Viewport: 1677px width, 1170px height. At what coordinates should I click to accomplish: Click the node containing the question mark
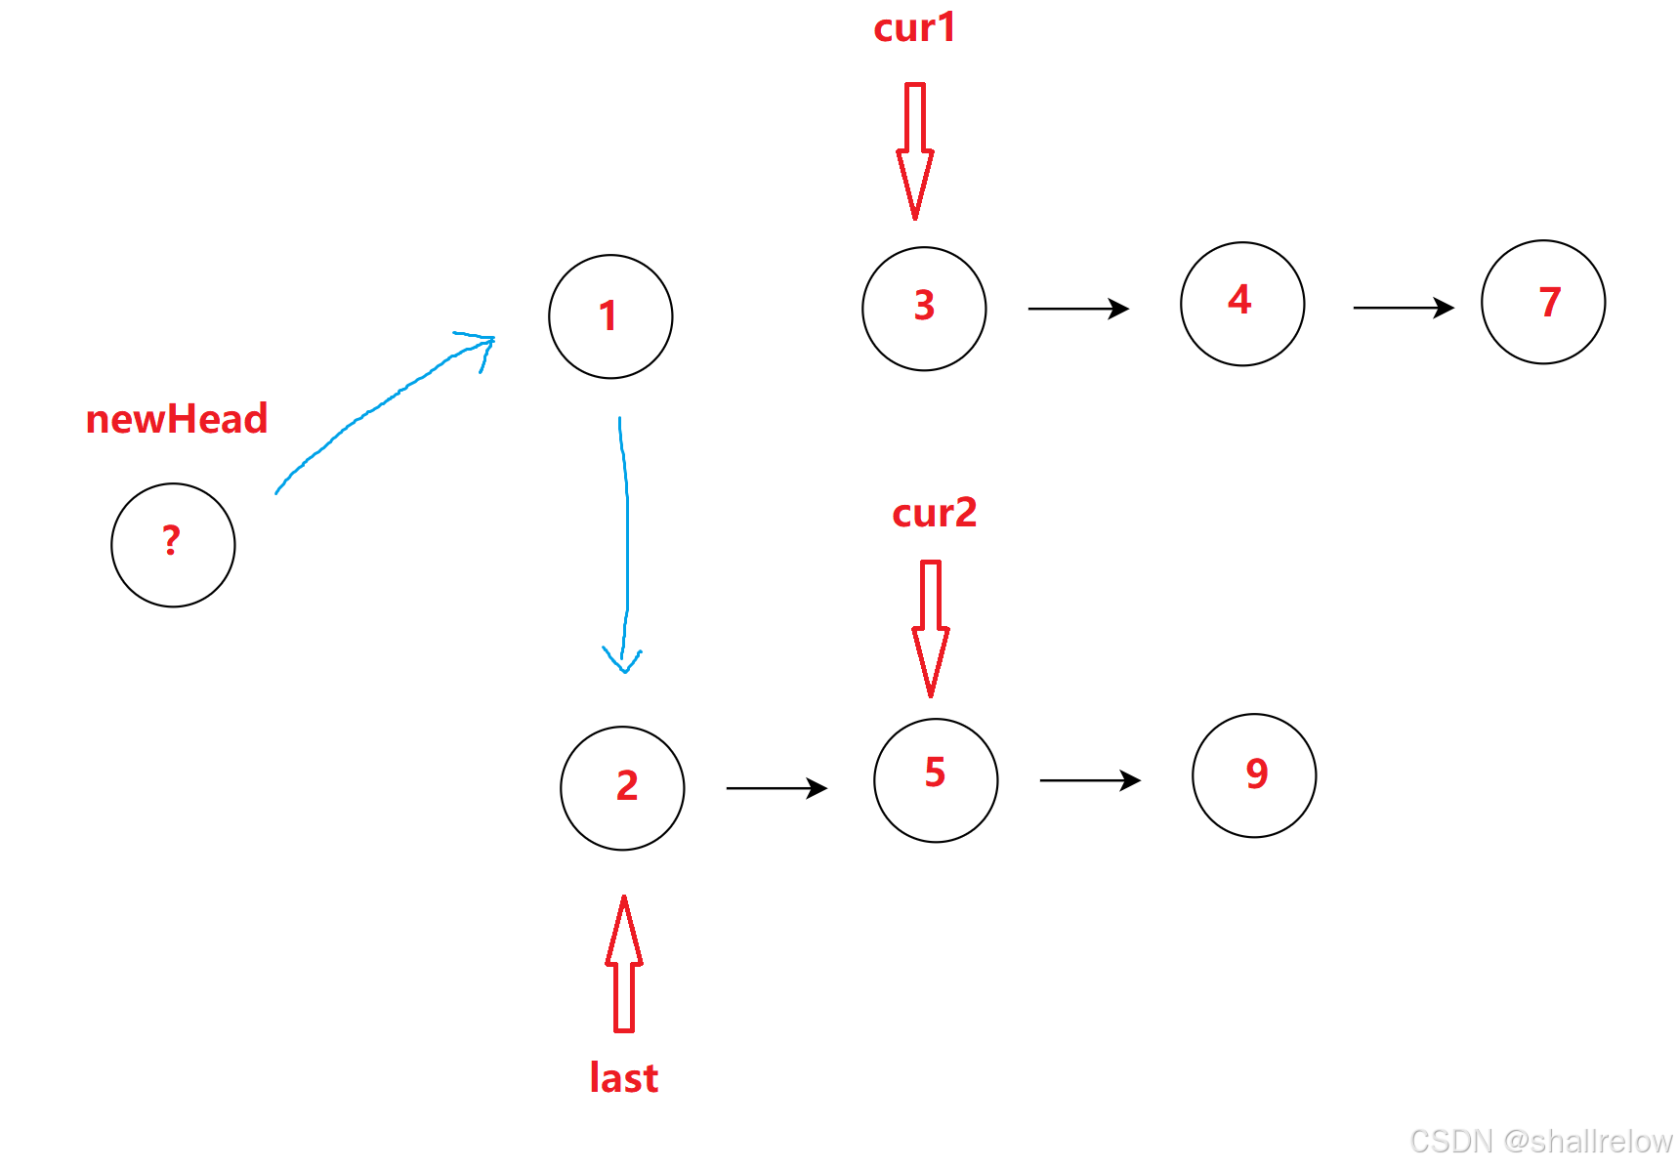173,545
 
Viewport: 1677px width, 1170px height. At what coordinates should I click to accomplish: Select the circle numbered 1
610,316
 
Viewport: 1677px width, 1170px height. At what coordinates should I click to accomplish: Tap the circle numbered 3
924,309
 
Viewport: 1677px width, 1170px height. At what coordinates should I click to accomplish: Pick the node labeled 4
1242,304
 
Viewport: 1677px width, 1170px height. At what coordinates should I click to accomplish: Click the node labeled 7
1543,302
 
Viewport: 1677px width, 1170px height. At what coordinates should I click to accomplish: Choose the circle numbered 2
622,788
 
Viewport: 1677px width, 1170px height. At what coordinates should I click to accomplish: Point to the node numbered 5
936,780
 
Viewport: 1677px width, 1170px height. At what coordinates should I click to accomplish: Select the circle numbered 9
1254,775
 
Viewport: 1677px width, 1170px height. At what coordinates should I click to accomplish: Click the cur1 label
914,27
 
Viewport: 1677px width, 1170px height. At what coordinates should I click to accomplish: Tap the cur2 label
934,513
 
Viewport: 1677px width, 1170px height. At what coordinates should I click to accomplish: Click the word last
624,1078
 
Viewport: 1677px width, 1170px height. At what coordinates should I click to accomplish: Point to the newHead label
177,419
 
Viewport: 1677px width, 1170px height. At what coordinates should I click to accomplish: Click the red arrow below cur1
915,150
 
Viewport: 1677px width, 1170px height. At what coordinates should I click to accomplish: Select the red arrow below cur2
931,628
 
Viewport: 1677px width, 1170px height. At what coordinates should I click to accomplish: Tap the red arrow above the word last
624,964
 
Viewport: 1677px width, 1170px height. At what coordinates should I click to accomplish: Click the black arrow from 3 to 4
1078,309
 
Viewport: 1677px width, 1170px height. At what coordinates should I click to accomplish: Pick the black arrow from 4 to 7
1404,308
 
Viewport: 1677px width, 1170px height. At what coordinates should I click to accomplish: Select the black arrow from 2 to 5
776,788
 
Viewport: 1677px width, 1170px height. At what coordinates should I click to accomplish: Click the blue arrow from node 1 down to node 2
625,547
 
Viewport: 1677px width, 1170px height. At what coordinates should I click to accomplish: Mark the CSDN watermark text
1541,1141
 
